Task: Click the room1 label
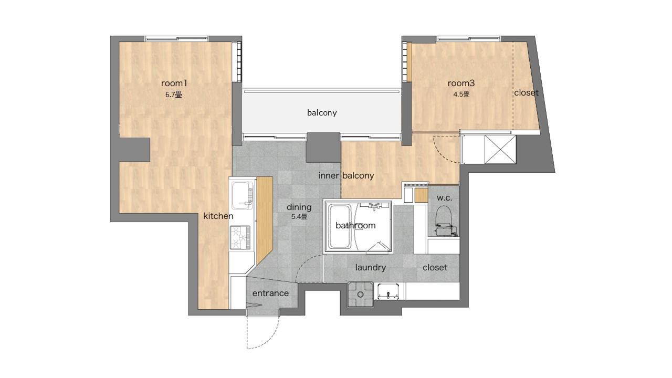click(x=174, y=83)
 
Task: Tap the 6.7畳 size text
click(x=174, y=95)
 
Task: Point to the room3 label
click(x=461, y=83)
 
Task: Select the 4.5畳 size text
click(x=461, y=94)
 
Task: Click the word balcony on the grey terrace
click(x=322, y=113)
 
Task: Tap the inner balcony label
click(x=346, y=175)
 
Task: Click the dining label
click(x=299, y=207)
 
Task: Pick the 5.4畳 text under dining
click(x=299, y=217)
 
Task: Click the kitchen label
click(x=218, y=216)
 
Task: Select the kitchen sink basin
click(x=242, y=195)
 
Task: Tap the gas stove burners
click(x=240, y=237)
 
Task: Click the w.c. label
click(x=444, y=198)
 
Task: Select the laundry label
click(x=371, y=267)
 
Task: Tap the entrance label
click(x=270, y=293)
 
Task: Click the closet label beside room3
click(x=526, y=93)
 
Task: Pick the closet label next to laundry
click(x=435, y=267)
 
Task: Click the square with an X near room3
click(x=500, y=150)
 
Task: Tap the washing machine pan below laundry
click(x=361, y=295)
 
